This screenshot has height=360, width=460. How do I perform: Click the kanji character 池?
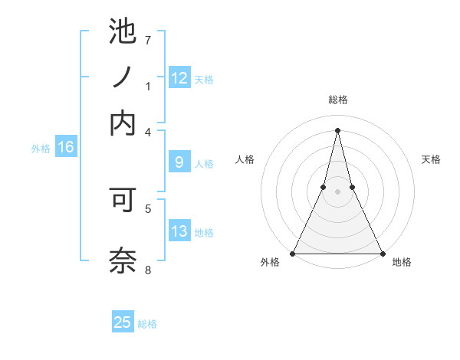[x=123, y=33]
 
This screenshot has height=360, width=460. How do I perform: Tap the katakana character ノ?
[x=123, y=77]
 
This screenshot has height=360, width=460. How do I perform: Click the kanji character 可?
[x=123, y=202]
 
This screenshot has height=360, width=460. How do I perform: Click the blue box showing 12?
[x=179, y=78]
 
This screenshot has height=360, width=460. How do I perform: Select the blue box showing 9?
[x=179, y=162]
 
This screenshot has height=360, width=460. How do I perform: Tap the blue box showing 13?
[x=179, y=232]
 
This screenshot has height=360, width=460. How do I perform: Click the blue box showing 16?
[x=66, y=148]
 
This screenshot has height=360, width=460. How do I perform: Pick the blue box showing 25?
[x=123, y=322]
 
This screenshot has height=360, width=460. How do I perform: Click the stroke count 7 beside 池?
[x=148, y=39]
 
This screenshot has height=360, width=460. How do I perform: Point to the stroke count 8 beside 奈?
[x=148, y=270]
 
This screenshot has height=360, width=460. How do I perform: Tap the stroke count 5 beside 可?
[x=148, y=207]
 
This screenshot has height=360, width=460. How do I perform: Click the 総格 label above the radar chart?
[x=337, y=100]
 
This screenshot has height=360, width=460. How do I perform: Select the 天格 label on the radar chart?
[x=431, y=159]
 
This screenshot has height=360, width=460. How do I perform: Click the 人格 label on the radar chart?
[x=245, y=159]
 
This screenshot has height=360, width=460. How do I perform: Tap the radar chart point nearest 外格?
[x=293, y=253]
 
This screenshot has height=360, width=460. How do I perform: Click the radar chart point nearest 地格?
[x=382, y=253]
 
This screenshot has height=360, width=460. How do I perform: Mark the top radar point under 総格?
[x=337, y=129]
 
